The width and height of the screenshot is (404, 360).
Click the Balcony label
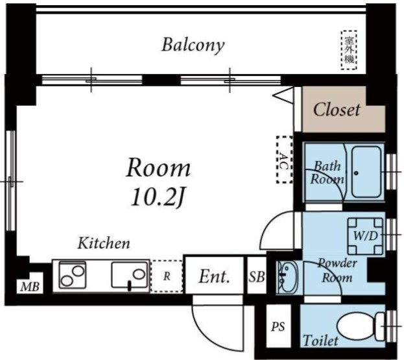click(193, 45)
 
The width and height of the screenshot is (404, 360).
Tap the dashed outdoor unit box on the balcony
click(349, 50)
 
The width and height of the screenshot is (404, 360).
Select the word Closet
click(337, 110)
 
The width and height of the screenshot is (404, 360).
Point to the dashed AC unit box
click(285, 160)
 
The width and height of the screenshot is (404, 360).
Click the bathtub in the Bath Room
click(366, 172)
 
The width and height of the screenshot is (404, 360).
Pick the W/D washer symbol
click(365, 236)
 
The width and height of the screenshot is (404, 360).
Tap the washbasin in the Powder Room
click(287, 277)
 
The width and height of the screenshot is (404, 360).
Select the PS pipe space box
click(278, 326)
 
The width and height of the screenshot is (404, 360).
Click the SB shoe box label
click(257, 277)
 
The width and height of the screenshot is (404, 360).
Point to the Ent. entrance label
click(214, 276)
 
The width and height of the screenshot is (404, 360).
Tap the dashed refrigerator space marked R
click(167, 276)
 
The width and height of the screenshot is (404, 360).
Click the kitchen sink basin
click(130, 275)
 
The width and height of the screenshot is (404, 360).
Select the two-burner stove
click(73, 275)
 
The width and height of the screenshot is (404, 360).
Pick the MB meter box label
click(30, 287)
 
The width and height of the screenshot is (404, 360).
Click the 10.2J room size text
click(158, 198)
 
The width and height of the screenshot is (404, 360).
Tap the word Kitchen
click(104, 243)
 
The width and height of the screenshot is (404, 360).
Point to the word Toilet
click(320, 341)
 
